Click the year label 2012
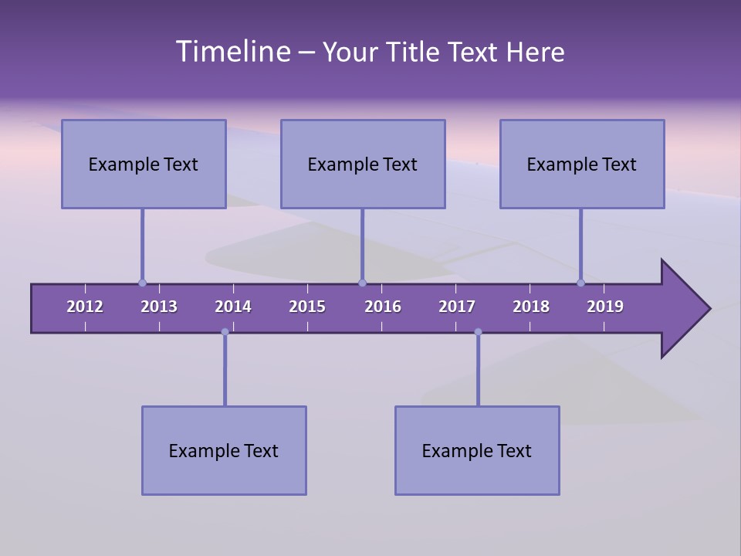tap(85, 307)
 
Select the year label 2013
tap(159, 307)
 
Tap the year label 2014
tap(233, 307)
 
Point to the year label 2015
tap(307, 307)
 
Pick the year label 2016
tap(383, 307)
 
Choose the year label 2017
tap(457, 307)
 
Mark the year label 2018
tap(531, 307)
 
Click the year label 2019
tap(605, 307)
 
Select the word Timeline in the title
tap(232, 52)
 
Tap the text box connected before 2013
tap(144, 164)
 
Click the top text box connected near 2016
tap(363, 164)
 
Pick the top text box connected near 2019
tap(582, 164)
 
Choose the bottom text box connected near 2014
tap(224, 450)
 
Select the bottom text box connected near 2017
tap(477, 450)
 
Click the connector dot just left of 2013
tap(142, 283)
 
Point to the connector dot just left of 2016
tap(362, 283)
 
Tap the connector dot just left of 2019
tap(580, 283)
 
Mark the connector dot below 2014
tap(225, 332)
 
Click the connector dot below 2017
tap(478, 332)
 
